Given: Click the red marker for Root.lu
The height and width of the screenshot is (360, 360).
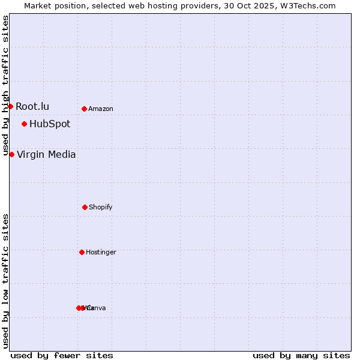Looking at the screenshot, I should pos(10,106).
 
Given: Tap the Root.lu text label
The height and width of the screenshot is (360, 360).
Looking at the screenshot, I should pos(32,106).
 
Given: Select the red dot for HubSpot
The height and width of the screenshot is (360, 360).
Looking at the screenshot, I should pos(24,124).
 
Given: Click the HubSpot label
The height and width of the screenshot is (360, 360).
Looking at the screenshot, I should pos(50,124).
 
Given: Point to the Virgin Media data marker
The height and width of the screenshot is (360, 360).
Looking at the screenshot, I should pos(11,154).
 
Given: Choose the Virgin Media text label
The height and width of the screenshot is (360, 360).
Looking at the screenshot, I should pos(46,154).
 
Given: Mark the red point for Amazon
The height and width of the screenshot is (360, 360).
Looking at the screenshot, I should pos(84,109).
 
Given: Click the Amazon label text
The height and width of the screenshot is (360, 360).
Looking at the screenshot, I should pos(101,109).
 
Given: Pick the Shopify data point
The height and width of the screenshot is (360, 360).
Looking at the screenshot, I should pos(85,207).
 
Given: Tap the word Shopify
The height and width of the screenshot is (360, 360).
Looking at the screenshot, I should pos(101,208).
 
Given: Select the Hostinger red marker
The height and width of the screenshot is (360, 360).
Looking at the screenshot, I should pos(82,252).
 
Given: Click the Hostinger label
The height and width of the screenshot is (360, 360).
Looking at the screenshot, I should pos(101,253).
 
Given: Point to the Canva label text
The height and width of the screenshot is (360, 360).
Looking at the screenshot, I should pos(97,308).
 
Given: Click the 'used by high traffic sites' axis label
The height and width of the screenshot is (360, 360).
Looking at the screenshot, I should pos(5,85).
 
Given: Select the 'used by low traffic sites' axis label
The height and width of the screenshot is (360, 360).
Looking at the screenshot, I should pos(5,281).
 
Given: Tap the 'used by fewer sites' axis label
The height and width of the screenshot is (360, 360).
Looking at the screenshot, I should pos(62,355).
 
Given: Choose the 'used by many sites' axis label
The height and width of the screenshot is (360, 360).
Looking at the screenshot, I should pos(301,355).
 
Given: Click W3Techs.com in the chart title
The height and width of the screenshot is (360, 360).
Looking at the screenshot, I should pos(310,5).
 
